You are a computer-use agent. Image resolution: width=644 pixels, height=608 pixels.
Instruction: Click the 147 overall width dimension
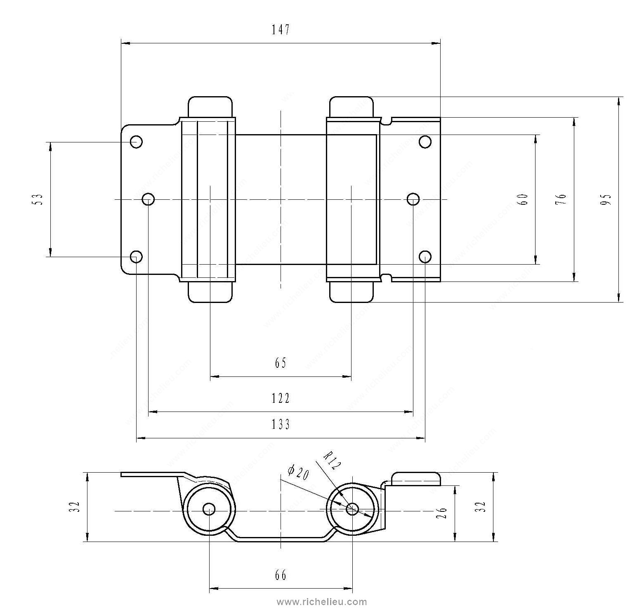(x=281, y=30)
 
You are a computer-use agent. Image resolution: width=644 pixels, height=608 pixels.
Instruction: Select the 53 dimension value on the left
(x=38, y=199)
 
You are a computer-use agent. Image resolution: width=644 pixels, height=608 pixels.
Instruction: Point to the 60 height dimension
(x=524, y=199)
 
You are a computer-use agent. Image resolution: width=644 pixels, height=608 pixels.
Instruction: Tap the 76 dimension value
(x=563, y=199)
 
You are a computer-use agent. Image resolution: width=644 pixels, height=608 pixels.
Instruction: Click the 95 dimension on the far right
(x=606, y=199)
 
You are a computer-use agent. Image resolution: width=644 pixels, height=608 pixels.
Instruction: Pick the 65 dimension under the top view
(x=281, y=363)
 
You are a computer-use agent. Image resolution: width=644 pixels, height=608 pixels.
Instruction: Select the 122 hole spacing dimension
(x=281, y=398)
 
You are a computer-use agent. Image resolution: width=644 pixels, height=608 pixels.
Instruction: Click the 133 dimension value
(x=281, y=424)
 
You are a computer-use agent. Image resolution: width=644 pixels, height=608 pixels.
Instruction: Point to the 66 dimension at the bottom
(x=281, y=575)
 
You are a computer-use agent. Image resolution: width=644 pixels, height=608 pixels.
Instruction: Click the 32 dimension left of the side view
(x=75, y=506)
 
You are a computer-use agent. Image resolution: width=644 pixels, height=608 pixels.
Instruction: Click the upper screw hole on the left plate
(x=136, y=142)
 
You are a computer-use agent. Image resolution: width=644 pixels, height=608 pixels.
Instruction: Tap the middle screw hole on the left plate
(x=148, y=200)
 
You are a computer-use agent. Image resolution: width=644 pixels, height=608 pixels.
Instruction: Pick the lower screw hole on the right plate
(x=425, y=257)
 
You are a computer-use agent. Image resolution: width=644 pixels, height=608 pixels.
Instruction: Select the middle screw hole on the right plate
(x=413, y=199)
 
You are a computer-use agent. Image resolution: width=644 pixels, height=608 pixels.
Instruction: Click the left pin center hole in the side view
(x=209, y=509)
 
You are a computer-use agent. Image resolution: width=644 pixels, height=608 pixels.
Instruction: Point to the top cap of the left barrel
(x=210, y=106)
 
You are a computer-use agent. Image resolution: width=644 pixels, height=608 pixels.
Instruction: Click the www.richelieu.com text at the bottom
(x=322, y=602)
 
